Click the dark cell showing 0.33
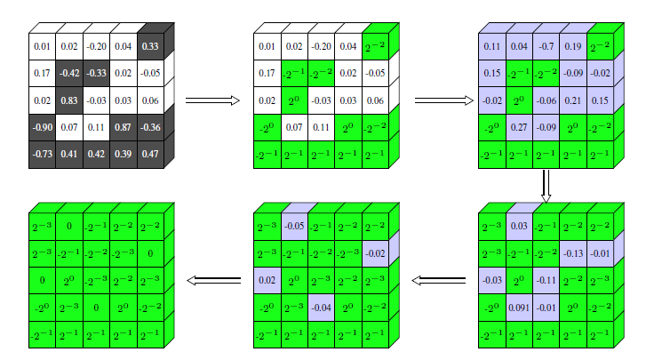pyautogui.click(x=150, y=46)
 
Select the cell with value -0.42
pyautogui.click(x=69, y=73)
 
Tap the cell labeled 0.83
pyautogui.click(x=69, y=100)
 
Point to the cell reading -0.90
pyautogui.click(x=42, y=128)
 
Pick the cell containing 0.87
pyautogui.click(x=124, y=128)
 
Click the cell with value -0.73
pyautogui.click(x=42, y=155)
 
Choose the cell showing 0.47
pyautogui.click(x=150, y=155)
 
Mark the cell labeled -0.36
pyautogui.click(x=150, y=128)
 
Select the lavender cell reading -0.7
pyautogui.click(x=546, y=46)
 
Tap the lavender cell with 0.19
pyautogui.click(x=573, y=46)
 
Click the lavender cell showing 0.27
pyautogui.click(x=519, y=128)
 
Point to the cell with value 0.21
pyautogui.click(x=573, y=100)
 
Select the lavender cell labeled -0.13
pyautogui.click(x=573, y=254)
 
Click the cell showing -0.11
pyautogui.click(x=546, y=282)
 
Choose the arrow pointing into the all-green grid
pyautogui.click(x=213, y=282)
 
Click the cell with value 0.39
pyautogui.click(x=124, y=155)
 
